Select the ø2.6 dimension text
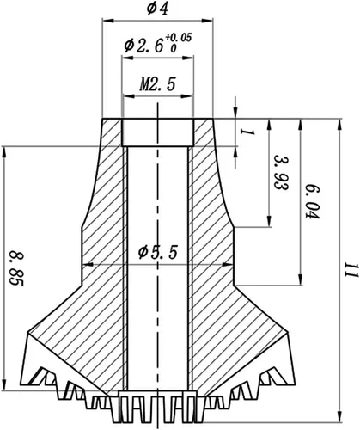[x=143, y=46]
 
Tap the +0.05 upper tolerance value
[x=178, y=38]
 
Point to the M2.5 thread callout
[x=157, y=84]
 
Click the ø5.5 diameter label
[x=158, y=252]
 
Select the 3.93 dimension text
[x=281, y=173]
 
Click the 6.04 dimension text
[x=311, y=201]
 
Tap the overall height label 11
[x=351, y=270]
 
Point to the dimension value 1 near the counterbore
[x=247, y=132]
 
